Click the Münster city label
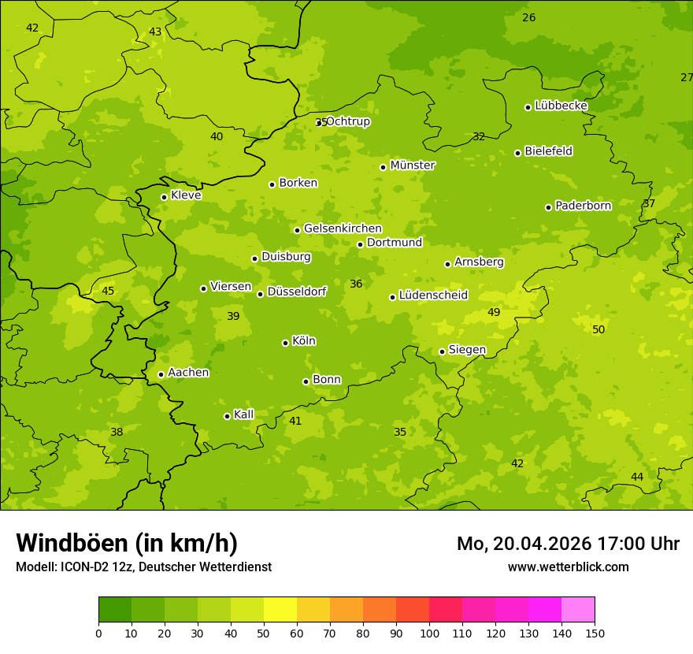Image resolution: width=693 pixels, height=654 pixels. point(412,165)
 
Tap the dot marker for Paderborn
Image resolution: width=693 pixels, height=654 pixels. point(548,207)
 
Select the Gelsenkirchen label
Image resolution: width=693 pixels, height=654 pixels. point(343,229)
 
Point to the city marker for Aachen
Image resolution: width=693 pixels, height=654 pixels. point(161,374)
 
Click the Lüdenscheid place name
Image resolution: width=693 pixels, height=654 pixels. point(433,295)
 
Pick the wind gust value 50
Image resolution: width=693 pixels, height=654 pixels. point(598,329)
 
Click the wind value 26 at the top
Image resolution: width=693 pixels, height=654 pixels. point(529,17)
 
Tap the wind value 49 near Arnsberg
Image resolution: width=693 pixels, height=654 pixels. point(494,312)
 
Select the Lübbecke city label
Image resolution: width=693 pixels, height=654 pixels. point(561,106)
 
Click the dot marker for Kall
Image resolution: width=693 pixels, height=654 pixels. point(227,416)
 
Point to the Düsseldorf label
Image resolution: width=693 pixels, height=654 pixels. point(296,292)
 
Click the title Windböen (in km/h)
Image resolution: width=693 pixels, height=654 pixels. point(127,543)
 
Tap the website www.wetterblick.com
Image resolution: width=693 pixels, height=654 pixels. point(568,567)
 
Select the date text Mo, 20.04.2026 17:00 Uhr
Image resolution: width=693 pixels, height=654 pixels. point(568,544)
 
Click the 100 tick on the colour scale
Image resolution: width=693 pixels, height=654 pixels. point(429,632)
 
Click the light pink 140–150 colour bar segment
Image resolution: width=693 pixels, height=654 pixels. point(578,610)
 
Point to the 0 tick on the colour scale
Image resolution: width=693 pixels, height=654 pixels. point(98,632)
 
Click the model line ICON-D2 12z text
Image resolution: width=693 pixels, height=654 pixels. point(143,567)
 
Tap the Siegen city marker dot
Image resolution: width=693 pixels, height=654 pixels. point(442,351)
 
